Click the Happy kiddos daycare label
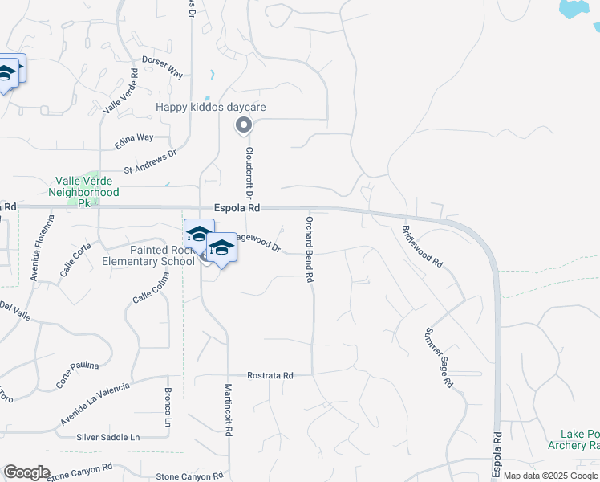(211, 107)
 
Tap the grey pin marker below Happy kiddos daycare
(244, 125)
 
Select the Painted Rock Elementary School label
(148, 255)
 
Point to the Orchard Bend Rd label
(309, 249)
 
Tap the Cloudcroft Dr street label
(249, 172)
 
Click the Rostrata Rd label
(270, 375)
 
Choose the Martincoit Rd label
(229, 408)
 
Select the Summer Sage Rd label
(438, 358)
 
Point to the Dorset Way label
(162, 67)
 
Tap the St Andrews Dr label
(150, 162)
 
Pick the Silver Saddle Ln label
(107, 437)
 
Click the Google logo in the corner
(26, 472)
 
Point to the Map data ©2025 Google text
(551, 476)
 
